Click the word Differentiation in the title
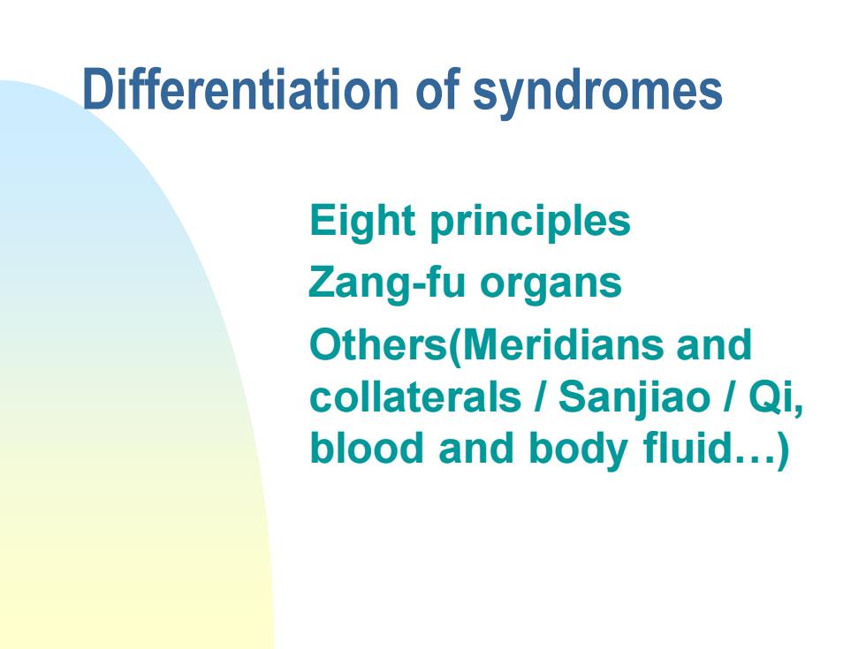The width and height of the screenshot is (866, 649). (x=240, y=89)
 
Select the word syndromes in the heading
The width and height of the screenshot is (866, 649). (x=597, y=94)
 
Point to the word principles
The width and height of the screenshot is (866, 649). (x=530, y=223)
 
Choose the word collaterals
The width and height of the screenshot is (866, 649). (x=415, y=396)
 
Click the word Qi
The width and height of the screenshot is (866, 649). (x=772, y=398)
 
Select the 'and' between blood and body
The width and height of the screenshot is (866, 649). (x=476, y=449)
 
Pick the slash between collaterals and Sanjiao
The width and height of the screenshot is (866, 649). (x=540, y=396)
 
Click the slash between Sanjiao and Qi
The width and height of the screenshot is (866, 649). (x=729, y=396)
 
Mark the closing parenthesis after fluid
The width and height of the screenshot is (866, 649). (x=783, y=450)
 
